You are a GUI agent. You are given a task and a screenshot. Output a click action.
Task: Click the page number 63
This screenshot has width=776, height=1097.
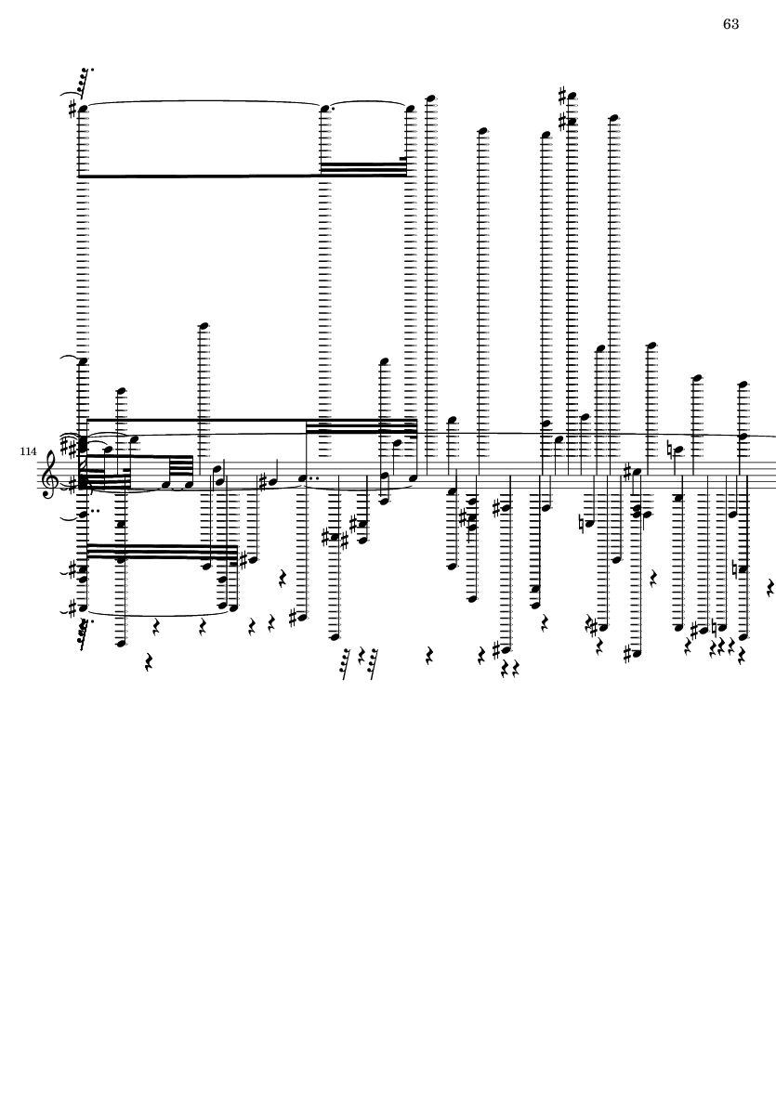[730, 24]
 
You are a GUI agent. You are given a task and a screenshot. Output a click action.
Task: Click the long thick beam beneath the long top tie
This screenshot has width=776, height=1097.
[200, 175]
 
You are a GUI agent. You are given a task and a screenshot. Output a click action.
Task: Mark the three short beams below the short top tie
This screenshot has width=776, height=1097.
[362, 168]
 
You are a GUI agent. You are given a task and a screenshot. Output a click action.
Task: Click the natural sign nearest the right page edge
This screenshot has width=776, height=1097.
[735, 568]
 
